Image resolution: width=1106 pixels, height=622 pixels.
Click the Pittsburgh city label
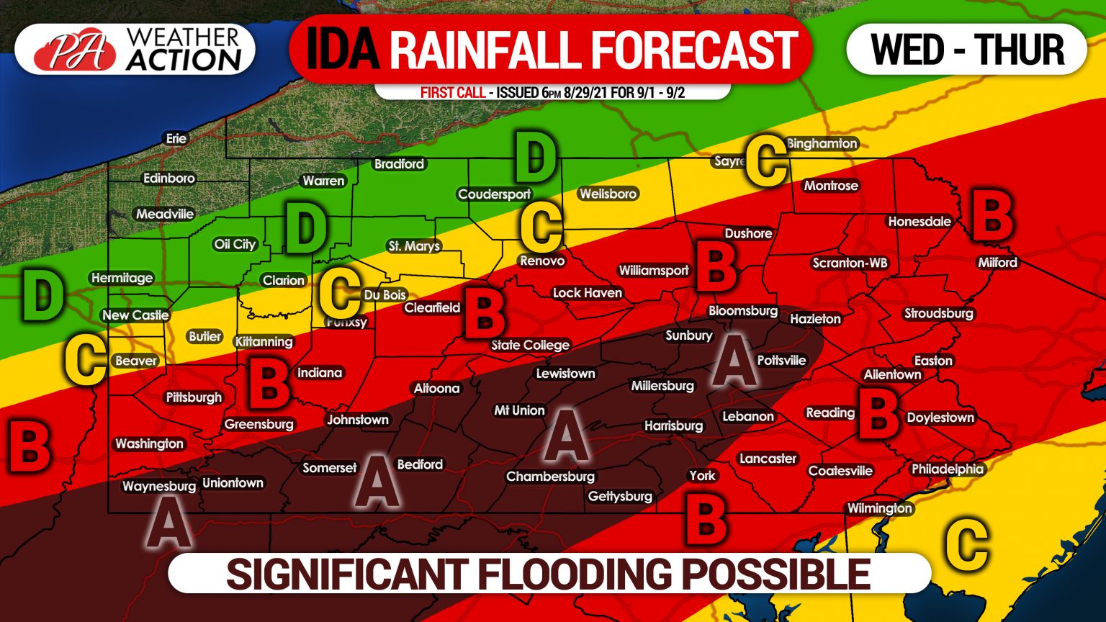coord(194,397)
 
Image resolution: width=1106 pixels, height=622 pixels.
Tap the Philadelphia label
coord(947,469)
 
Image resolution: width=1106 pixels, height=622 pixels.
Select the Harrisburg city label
coord(673,425)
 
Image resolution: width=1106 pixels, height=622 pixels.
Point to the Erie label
coord(176,138)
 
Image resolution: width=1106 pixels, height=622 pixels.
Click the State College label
coord(530,345)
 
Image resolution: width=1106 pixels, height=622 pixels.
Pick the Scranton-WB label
coord(850,263)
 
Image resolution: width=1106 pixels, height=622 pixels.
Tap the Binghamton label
coord(822,143)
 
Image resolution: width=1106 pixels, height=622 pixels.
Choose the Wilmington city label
coord(879,508)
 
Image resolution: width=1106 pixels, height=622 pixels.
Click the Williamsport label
coord(653,270)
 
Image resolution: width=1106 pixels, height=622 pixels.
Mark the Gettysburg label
coord(620,496)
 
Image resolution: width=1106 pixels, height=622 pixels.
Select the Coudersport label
coord(494,194)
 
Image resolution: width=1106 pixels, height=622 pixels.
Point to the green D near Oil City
coord(306,227)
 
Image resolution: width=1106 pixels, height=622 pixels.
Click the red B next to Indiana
coord(269,384)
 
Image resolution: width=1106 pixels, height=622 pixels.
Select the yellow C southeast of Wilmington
coord(966,543)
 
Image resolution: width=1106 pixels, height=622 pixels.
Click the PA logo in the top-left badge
coord(74,51)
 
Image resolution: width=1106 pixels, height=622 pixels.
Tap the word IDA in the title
coord(342,49)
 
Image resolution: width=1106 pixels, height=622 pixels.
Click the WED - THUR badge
coord(967,49)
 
